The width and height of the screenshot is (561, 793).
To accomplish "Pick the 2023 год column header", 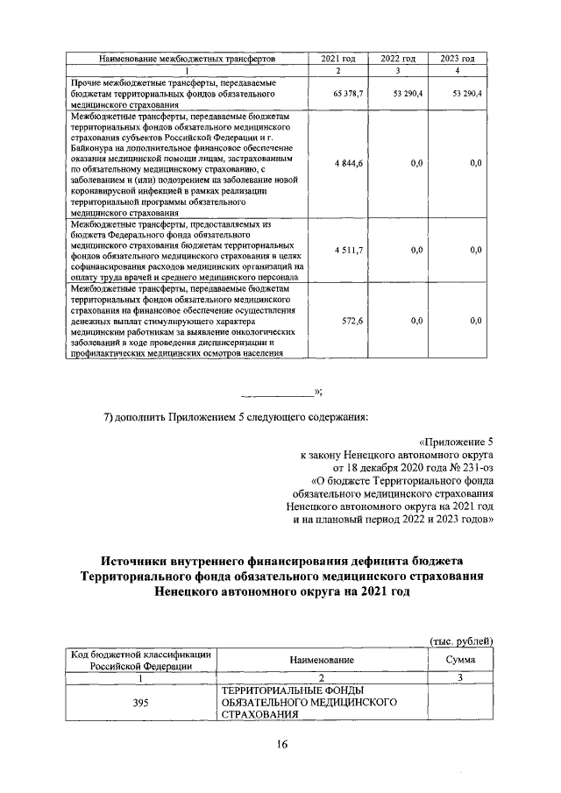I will click(457, 58).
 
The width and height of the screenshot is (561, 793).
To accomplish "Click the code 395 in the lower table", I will click(139, 703).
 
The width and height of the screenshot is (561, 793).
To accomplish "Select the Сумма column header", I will click(459, 659).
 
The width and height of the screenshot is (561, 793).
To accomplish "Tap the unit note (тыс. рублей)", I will click(461, 641).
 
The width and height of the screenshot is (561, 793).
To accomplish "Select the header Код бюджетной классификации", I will click(139, 654).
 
